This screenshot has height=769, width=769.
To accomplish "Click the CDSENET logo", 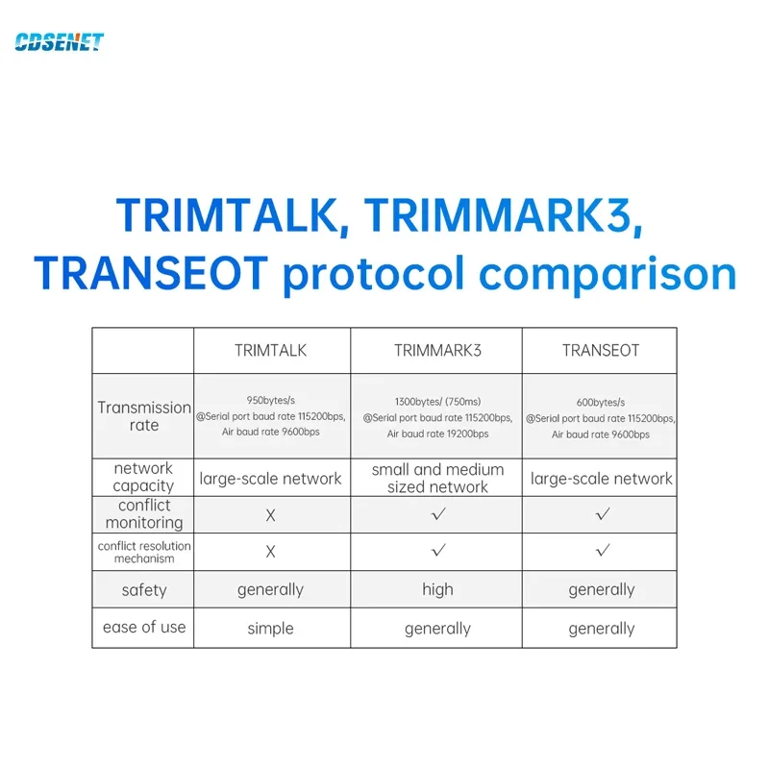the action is pos(59,42).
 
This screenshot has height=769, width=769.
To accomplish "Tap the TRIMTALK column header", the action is pos(270,351).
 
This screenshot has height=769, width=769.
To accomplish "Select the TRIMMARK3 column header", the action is pos(437,351).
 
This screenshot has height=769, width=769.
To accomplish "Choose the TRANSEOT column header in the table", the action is pos(601,351).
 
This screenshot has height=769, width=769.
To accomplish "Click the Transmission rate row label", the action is pos(144,416).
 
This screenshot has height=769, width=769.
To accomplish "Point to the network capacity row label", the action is pos(143,477).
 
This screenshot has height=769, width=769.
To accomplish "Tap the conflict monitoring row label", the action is pos(144,514).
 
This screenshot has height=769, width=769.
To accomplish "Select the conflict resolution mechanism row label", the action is pos(144,552).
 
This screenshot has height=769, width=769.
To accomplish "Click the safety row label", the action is pos(144,589).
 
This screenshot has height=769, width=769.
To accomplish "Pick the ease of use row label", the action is pos(144,627).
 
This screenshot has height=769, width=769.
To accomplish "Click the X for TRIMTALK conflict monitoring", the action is pos(270,515).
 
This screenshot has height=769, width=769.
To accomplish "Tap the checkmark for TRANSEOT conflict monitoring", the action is pos(603,514).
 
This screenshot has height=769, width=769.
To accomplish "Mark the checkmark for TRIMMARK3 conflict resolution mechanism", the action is pos(438,550).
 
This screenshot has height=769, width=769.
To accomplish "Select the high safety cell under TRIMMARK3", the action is pos(437,589).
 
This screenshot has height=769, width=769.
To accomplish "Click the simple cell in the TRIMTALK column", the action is pos(270,629).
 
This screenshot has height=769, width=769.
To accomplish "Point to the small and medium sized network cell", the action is pos(437,478).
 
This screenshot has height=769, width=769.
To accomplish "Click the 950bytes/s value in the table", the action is pos(270,400).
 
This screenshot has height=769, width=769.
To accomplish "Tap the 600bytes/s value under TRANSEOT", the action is pos(601,402).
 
